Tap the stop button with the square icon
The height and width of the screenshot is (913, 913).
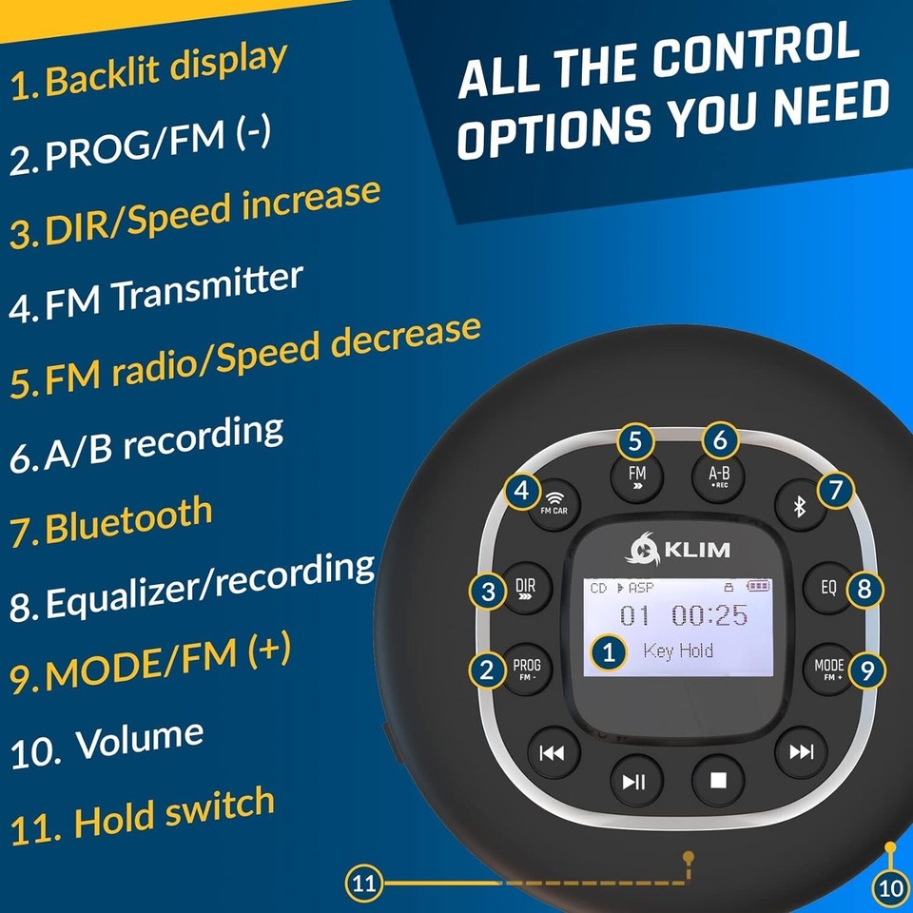[718, 780]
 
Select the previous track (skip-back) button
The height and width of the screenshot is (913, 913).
[552, 753]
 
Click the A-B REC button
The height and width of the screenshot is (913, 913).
[721, 476]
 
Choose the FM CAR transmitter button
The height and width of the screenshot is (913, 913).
[554, 501]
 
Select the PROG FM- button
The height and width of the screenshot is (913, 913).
[526, 670]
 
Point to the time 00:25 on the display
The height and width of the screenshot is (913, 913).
[709, 615]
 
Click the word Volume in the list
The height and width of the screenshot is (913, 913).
[140, 739]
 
